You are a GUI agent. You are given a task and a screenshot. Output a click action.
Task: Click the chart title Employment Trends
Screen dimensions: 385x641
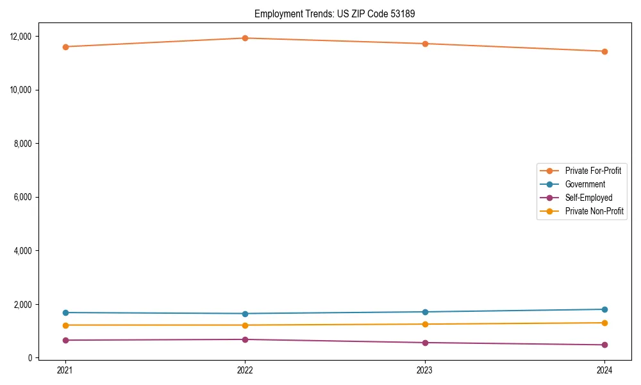click(335, 14)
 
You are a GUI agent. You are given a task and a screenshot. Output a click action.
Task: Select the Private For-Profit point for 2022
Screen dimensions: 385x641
click(245, 38)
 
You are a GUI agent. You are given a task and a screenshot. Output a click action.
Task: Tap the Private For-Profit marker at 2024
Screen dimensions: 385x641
click(604, 51)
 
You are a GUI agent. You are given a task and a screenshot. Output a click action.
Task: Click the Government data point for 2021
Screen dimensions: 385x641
click(65, 312)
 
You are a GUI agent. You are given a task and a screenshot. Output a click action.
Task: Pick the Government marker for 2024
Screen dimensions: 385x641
click(604, 309)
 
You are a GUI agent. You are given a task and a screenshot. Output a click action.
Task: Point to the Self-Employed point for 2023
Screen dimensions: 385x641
click(425, 343)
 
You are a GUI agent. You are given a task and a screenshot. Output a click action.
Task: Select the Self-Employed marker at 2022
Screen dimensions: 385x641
click(245, 339)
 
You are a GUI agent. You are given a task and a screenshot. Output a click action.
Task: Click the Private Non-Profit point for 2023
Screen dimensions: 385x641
click(425, 324)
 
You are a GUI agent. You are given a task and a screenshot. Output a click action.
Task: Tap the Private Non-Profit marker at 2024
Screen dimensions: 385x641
click(604, 323)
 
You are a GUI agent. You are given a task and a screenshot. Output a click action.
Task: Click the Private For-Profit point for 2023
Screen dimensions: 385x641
click(425, 44)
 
